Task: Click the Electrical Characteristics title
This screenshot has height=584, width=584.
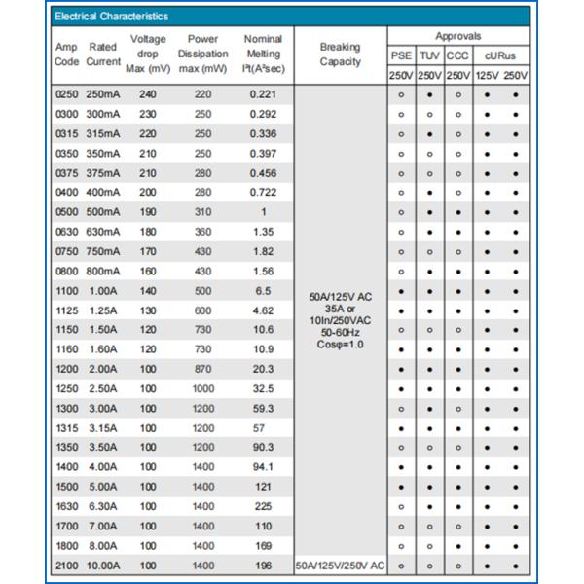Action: [x=112, y=17]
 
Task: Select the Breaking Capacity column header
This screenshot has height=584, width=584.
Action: [x=340, y=55]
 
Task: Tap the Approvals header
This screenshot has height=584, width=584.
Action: [x=457, y=35]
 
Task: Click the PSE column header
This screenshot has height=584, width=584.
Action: [x=401, y=55]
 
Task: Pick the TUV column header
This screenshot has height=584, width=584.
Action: [x=429, y=55]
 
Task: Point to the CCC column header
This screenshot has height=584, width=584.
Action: [x=458, y=55]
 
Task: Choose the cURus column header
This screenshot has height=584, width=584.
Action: [x=500, y=55]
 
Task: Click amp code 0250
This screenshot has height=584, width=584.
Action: [x=66, y=94]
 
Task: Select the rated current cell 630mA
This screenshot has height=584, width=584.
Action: [x=102, y=232]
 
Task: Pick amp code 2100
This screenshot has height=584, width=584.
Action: [x=66, y=566]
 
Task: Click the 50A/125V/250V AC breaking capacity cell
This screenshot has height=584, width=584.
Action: [x=340, y=566]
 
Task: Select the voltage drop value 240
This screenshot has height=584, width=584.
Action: [x=148, y=94]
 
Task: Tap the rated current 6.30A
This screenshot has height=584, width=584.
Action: [x=102, y=506]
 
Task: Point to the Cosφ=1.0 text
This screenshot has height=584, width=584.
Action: [x=340, y=344]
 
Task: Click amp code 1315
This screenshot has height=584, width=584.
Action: [x=66, y=428]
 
